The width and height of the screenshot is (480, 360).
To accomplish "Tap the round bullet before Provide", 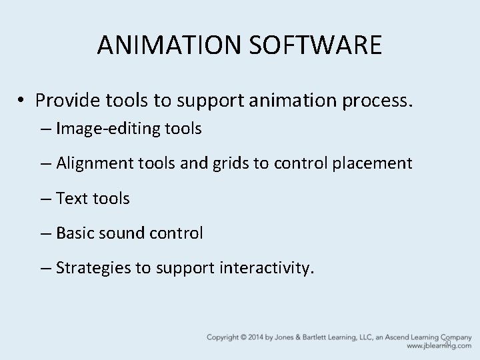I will (x=22, y=100).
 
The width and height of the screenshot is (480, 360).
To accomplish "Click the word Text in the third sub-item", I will (x=71, y=198).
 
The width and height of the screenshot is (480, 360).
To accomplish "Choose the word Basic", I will (x=75, y=233).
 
